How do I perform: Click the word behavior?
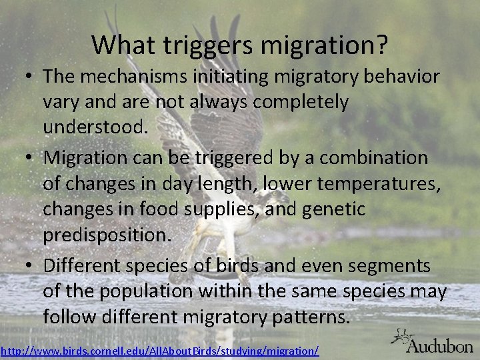[x=404, y=76]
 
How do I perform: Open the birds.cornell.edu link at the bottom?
[x=160, y=349]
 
